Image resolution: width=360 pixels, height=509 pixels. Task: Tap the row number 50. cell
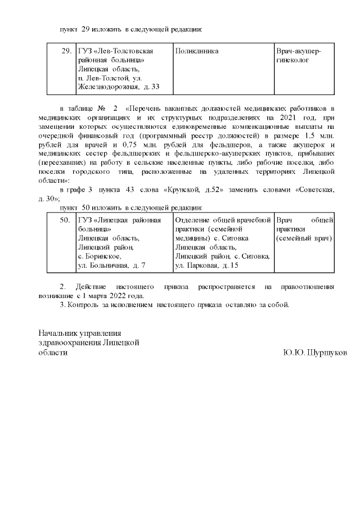65,220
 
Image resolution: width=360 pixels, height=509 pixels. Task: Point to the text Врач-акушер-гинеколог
299,55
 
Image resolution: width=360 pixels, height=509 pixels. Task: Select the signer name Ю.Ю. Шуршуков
316,353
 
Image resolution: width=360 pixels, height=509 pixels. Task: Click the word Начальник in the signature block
58,333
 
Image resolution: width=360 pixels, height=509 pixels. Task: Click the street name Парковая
206,264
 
